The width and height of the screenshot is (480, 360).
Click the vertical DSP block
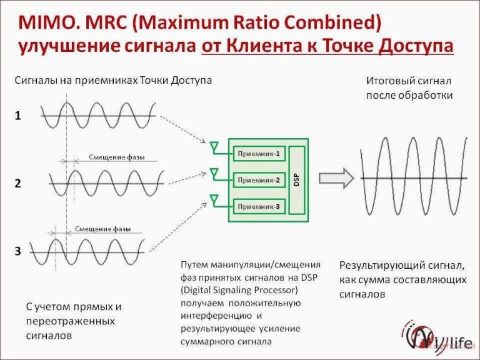coord(297,180)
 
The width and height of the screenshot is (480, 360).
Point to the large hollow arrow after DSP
coord(336,179)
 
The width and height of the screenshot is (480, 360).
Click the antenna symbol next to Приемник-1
coord(214,147)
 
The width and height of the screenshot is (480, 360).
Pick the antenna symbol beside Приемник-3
coord(214,200)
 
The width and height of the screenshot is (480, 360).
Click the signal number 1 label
coord(17,116)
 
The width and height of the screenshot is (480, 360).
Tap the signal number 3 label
coord(17,251)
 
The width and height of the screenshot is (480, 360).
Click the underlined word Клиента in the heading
coord(269,47)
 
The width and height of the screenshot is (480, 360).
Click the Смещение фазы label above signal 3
coord(103,229)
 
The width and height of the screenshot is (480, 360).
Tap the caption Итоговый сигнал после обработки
coord(409,88)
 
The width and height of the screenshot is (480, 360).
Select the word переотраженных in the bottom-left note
coord(70,321)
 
